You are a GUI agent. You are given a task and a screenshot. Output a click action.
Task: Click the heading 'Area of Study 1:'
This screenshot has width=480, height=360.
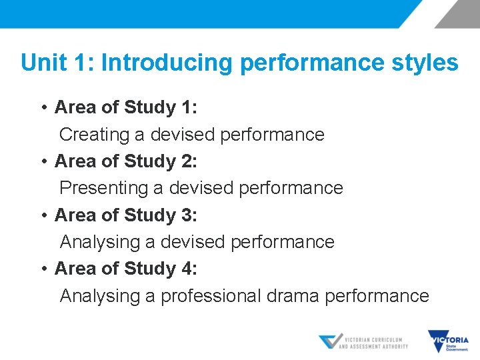pyautogui.click(x=125, y=107)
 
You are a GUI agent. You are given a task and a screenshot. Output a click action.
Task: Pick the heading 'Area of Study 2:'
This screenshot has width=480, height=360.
pyautogui.click(x=125, y=161)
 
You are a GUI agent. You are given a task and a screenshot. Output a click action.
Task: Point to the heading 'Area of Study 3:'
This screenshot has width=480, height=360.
pyautogui.click(x=125, y=215)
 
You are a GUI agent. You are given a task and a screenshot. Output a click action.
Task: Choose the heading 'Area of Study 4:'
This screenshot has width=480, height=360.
pyautogui.click(x=125, y=269)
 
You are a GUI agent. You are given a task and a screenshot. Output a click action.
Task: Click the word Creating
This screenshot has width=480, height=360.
pyautogui.click(x=94, y=135)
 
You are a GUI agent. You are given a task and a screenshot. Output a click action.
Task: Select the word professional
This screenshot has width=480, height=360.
pyautogui.click(x=211, y=296)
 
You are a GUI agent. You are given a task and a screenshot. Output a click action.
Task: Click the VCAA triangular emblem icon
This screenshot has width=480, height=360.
pyautogui.click(x=329, y=342)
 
